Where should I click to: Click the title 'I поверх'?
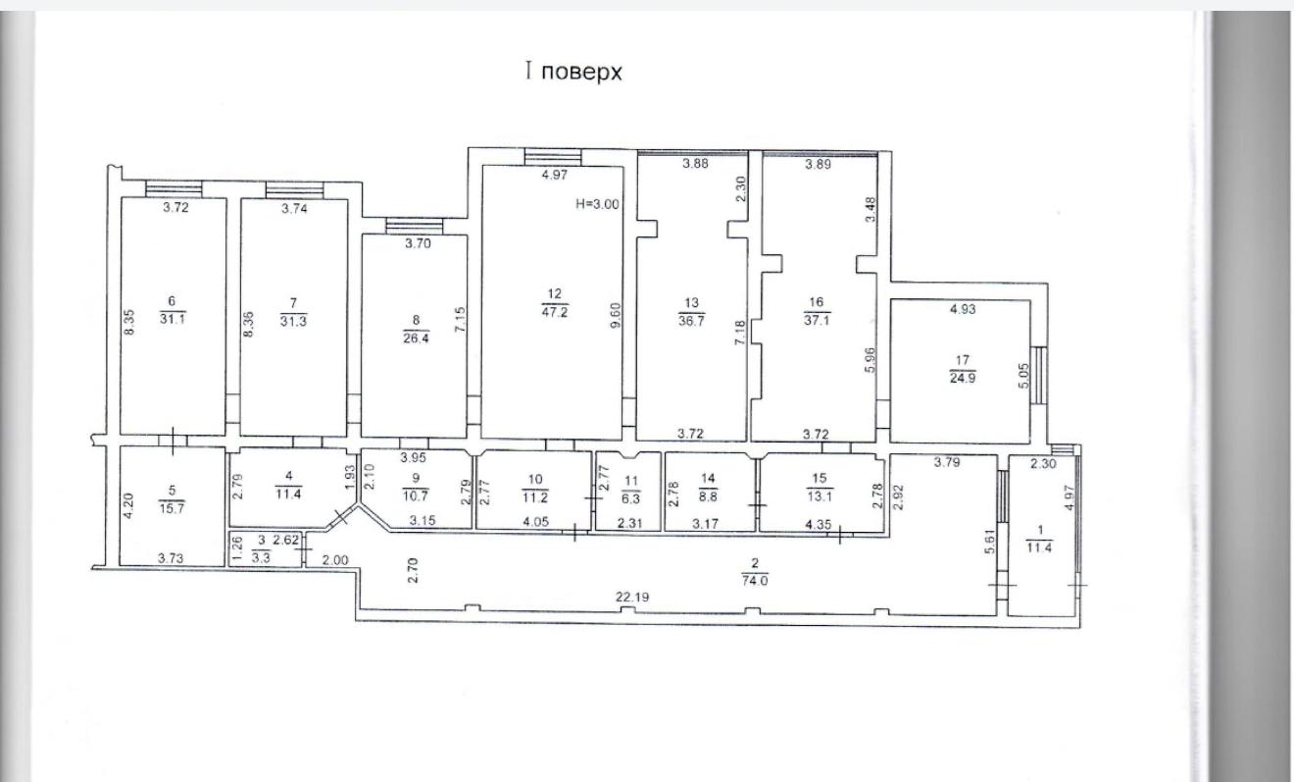click(573, 73)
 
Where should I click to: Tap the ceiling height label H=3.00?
click(597, 204)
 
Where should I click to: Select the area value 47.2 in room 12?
click(554, 312)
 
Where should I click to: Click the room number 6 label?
click(172, 301)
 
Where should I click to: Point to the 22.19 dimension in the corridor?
click(632, 597)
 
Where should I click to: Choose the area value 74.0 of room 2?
click(755, 581)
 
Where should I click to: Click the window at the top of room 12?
click(553, 157)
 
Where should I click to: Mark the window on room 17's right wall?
click(1039, 375)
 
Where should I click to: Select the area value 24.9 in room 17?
click(963, 379)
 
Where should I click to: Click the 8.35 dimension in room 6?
click(129, 322)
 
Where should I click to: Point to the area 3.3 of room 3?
click(261, 558)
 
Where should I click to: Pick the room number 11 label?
click(631, 481)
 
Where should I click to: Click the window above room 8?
click(415, 226)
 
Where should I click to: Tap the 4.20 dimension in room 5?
click(128, 505)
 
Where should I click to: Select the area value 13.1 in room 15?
click(820, 496)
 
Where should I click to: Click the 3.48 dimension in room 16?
click(871, 209)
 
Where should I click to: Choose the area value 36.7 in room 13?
click(691, 321)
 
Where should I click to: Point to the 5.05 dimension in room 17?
click(1024, 376)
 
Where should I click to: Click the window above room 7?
click(295, 190)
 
